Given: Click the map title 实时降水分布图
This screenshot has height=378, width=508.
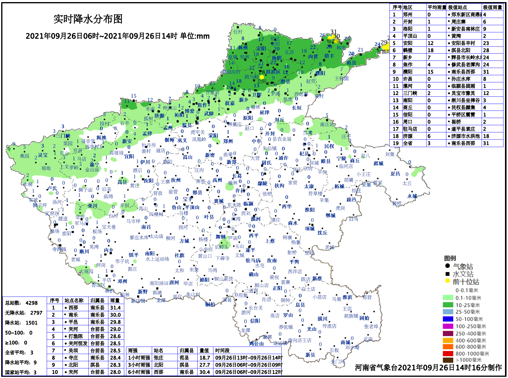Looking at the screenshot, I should click(x=88, y=19).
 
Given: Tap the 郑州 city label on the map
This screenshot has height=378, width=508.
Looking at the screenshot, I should click(x=228, y=141).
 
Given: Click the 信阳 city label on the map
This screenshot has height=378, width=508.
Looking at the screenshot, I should click(x=255, y=321).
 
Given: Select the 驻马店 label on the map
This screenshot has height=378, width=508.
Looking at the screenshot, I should click(x=253, y=260).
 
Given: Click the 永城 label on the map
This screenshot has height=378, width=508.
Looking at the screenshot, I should click(x=412, y=196).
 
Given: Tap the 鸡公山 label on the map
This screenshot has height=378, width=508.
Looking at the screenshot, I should click(x=256, y=344).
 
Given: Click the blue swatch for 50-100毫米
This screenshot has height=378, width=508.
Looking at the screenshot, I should click(x=448, y=319).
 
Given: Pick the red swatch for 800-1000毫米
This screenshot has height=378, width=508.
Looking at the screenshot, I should click(x=448, y=353).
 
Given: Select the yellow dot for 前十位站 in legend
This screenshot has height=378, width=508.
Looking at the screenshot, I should click(x=448, y=281).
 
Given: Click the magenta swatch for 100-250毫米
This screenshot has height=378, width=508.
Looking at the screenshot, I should click(x=448, y=326).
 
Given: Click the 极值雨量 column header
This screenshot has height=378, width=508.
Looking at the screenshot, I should click(x=492, y=7).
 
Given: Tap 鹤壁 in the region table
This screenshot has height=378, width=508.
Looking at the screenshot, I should click(x=407, y=50).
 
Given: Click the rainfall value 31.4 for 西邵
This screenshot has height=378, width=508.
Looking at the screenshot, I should click(x=115, y=308).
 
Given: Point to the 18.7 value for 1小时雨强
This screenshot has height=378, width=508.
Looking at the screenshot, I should click(x=205, y=358).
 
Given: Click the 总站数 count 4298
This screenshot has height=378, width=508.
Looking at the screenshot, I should click(x=32, y=303).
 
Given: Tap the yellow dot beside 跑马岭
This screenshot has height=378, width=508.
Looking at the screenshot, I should click(x=262, y=77).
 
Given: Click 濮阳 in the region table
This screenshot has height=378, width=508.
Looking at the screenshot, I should click(x=407, y=72).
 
